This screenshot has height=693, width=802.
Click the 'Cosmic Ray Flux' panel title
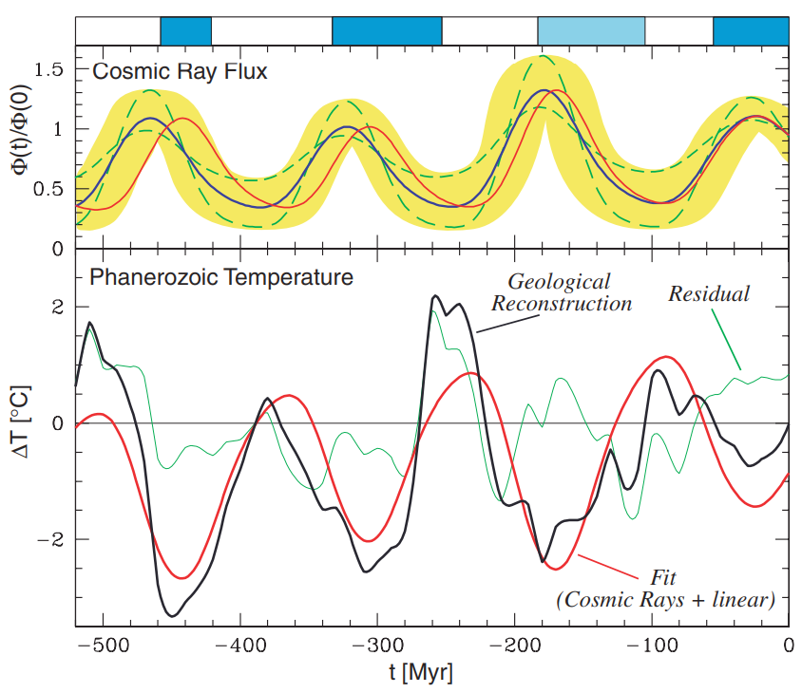pyautogui.click(x=180, y=71)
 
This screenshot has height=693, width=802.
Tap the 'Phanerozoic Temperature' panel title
pyautogui.click(x=221, y=277)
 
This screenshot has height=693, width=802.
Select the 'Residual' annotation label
pyautogui.click(x=709, y=294)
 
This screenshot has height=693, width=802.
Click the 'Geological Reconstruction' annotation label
pyautogui.click(x=561, y=292)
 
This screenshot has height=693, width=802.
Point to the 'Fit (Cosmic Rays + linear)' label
pyautogui.click(x=665, y=589)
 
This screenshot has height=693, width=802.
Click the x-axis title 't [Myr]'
pyautogui.click(x=421, y=672)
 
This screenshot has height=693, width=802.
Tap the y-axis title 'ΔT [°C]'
pyautogui.click(x=22, y=422)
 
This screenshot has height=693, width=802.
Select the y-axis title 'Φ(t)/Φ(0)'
pyautogui.click(x=22, y=131)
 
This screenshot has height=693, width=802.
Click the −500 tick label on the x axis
pyautogui.click(x=104, y=646)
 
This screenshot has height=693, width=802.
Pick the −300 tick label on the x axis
pyautogui.click(x=377, y=646)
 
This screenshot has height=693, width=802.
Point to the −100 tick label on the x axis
pyautogui.click(x=652, y=646)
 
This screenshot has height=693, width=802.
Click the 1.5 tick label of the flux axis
pyautogui.click(x=48, y=69)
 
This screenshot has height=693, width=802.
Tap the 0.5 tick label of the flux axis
pyautogui.click(x=48, y=189)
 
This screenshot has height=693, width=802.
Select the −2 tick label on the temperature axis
pyautogui.click(x=50, y=539)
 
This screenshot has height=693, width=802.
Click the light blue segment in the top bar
pyautogui.click(x=591, y=30)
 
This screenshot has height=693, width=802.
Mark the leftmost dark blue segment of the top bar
pyautogui.click(x=185, y=30)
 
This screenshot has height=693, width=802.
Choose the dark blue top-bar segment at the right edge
pyautogui.click(x=751, y=30)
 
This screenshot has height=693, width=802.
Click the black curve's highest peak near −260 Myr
pyautogui.click(x=435, y=295)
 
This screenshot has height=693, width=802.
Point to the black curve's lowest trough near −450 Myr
pyautogui.click(x=173, y=616)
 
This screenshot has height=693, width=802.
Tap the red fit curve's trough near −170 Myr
pyautogui.click(x=557, y=569)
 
